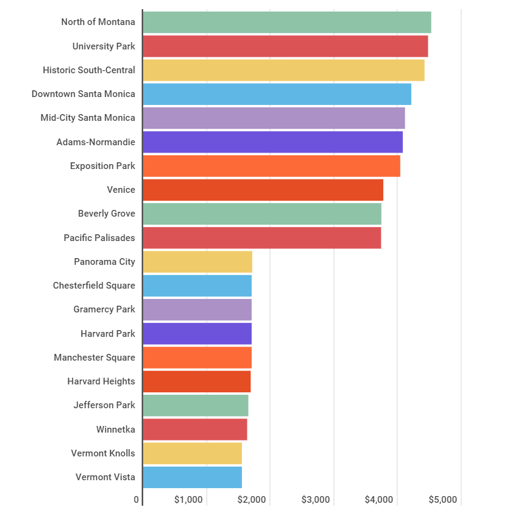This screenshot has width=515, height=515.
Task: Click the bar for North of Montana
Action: pos(286,22)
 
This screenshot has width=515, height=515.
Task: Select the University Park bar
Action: pos(285,46)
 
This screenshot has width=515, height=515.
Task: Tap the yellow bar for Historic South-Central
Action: pos(283,70)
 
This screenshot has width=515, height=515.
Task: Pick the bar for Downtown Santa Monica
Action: pos(277,94)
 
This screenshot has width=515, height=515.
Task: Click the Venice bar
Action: pos(263,190)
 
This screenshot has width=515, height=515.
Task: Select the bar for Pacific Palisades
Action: pos(261,238)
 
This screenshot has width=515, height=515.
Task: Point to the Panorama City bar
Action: pos(197,262)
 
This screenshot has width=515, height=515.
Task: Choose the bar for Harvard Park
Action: pos(197,334)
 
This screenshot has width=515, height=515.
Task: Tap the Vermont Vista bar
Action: pos(192,477)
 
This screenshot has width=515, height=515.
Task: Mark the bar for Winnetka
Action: pos(195,430)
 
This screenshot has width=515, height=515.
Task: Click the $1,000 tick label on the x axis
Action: pos(188,500)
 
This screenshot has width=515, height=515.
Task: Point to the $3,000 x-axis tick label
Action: pos(316,500)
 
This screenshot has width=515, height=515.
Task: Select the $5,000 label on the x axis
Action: pos(442,500)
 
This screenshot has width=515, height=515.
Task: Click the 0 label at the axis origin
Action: pos(137,500)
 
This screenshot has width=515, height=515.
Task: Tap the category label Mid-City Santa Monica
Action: pos(88,118)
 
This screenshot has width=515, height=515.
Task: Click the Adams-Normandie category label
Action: pos(96,142)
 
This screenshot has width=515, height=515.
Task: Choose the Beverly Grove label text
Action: pos(107,214)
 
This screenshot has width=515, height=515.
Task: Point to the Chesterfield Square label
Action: pos(94,286)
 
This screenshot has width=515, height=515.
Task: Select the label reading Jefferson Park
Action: pos(104,405)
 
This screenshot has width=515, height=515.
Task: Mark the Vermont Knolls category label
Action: pos(103,453)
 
